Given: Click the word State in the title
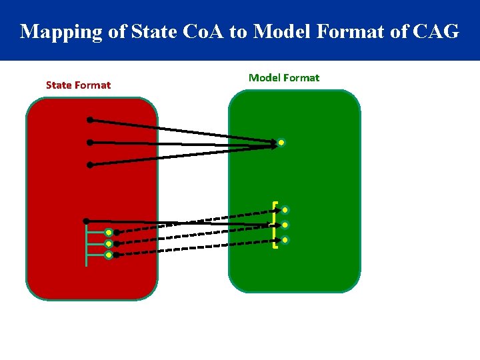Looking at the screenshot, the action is (153, 31).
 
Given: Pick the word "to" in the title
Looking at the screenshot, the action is (238, 31).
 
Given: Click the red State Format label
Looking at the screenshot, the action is (78, 85).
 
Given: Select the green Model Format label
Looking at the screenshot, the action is (284, 77).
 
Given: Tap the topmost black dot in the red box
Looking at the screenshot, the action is (90, 121).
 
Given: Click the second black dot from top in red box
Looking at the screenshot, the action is (90, 142).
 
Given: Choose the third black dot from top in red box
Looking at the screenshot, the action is (90, 164).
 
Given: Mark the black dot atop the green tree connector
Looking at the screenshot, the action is (86, 221).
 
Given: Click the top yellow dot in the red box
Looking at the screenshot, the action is (108, 233).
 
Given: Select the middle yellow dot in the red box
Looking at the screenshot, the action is (108, 243).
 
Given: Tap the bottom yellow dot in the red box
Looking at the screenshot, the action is (108, 255).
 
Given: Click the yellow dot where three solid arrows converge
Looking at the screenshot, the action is (282, 143).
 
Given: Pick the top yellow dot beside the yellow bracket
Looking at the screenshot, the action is (285, 210).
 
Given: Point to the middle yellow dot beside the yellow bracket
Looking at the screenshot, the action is (285, 225).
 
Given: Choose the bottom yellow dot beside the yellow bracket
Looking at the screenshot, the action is (285, 239).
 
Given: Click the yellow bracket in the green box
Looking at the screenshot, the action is (275, 225).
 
